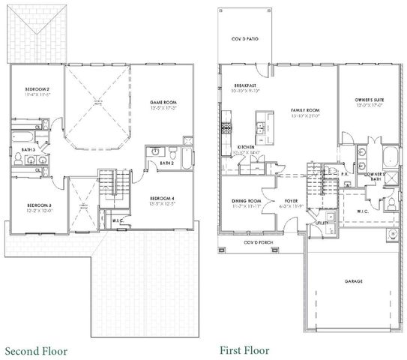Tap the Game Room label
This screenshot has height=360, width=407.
click(162, 102)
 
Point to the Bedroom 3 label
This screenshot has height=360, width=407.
click(38, 205)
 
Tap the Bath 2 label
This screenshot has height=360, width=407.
click(166, 162)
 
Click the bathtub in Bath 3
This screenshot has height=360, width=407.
click(23, 137)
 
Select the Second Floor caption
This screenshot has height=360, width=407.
click(36, 350)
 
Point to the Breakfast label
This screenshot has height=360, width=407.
click(245, 85)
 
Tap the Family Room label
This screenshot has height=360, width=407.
click(305, 110)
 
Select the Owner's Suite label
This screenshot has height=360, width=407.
click(369, 100)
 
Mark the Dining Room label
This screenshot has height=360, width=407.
click(246, 201)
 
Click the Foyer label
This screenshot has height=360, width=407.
click(292, 201)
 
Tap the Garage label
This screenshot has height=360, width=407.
click(353, 281)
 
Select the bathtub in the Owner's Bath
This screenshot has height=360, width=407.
click(390, 157)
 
